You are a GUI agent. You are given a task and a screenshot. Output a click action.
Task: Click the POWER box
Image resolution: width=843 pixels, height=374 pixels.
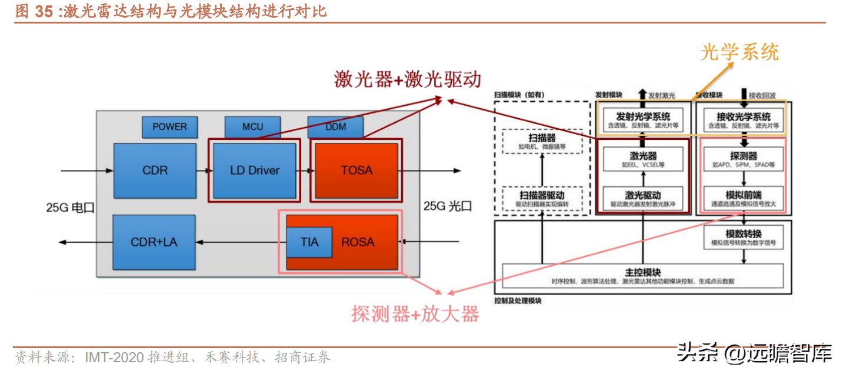point(169,127)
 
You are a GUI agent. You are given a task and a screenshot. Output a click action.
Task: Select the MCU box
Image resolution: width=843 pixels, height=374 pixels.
point(252,127)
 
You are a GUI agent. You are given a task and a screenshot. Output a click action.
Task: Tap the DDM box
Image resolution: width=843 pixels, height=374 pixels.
point(335,127)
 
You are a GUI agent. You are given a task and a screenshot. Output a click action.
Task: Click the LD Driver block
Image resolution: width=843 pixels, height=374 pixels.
point(254,171)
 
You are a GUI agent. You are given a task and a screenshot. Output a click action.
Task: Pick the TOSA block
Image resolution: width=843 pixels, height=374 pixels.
point(356,171)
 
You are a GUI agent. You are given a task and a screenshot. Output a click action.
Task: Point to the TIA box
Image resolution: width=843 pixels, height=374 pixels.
point(309,242)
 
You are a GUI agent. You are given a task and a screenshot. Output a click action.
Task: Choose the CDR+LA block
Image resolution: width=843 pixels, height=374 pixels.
point(154,242)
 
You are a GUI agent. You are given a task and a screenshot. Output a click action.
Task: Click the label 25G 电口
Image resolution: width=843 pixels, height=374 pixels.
point(71,207)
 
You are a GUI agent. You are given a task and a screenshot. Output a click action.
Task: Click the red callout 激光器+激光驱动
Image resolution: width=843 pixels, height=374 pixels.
point(408,79)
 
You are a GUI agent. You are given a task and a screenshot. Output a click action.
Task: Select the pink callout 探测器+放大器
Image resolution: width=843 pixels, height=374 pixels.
point(415,314)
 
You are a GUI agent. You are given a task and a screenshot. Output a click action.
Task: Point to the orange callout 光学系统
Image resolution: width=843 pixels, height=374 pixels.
point(739,52)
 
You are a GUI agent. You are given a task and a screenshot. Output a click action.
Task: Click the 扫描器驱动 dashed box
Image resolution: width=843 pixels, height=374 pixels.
point(542,199)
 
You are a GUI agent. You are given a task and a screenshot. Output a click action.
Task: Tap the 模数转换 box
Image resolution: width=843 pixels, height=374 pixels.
point(744,237)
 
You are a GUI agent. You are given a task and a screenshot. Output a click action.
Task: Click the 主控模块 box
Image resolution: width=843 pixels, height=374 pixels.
point(642,276)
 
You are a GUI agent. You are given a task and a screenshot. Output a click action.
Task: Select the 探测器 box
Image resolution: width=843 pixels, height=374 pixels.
point(744,159)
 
